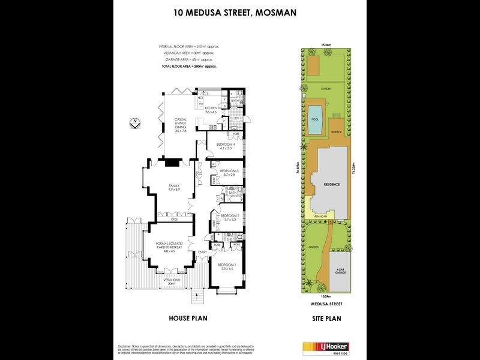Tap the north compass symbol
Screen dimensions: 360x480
135,125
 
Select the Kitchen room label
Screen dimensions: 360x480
212,110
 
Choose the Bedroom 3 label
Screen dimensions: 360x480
229,173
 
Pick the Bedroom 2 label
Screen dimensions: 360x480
229,217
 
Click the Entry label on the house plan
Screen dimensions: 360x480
202,252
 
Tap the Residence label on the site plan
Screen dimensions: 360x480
332,184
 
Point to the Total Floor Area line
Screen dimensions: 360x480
188,67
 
